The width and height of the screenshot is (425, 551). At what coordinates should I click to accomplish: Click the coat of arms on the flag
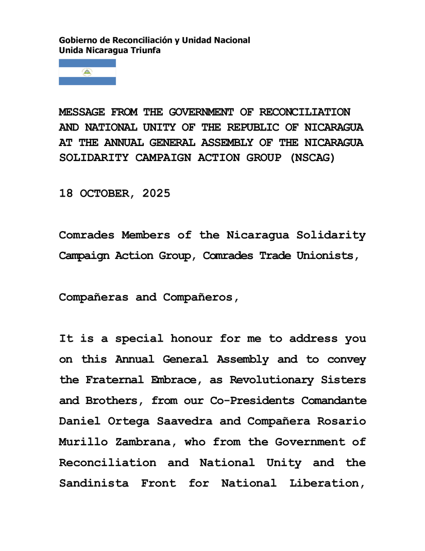pos(87,72)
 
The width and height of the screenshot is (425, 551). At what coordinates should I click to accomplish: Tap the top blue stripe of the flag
pos(87,63)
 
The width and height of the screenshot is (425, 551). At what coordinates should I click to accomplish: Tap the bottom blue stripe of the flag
pos(87,81)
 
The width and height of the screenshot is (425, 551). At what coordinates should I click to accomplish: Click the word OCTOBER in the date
pos(107,194)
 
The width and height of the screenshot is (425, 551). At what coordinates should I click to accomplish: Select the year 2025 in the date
pos(153,194)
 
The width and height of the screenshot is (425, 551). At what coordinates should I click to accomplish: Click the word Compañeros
pos(201,297)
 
